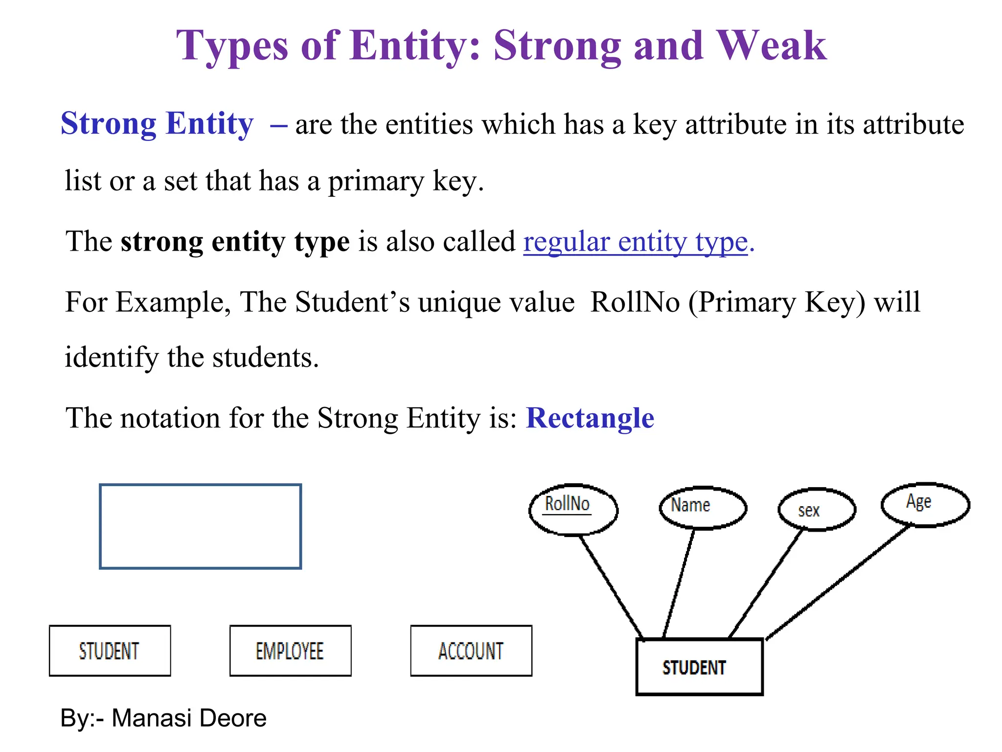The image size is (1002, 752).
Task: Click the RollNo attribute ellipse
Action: click(x=573, y=510)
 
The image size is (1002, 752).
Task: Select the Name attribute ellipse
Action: click(x=703, y=508)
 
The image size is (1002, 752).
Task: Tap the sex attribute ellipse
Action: click(x=817, y=509)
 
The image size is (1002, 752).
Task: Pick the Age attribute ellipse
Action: click(x=925, y=504)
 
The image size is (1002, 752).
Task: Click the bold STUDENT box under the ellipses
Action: click(x=699, y=667)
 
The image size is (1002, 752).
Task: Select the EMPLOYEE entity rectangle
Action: click(x=290, y=651)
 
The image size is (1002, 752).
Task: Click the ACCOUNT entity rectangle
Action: click(x=471, y=651)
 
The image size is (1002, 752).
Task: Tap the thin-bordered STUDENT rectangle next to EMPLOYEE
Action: click(x=110, y=651)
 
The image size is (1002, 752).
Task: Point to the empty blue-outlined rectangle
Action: click(x=200, y=526)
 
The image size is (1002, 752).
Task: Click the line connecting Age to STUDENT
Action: click(x=838, y=582)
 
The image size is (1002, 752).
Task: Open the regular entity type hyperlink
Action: click(x=635, y=242)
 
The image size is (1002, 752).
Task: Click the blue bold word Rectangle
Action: click(x=590, y=418)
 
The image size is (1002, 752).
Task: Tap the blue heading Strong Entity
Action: click(x=157, y=123)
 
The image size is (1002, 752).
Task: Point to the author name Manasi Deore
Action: click(x=189, y=718)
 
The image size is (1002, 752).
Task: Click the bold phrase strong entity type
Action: click(x=235, y=242)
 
